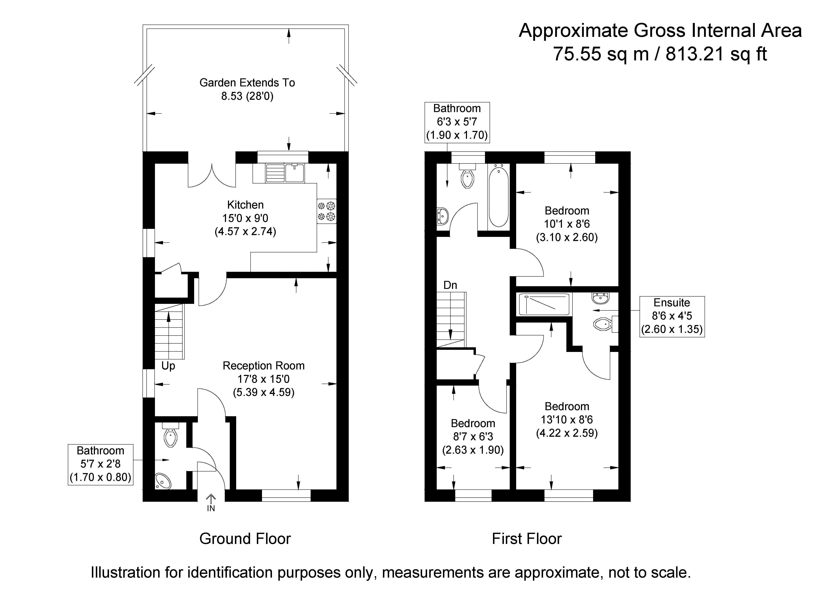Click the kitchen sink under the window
(x=285, y=173)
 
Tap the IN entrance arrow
(x=211, y=503)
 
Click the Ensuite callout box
(x=672, y=316)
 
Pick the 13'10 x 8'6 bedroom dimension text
(x=567, y=419)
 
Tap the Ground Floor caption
(x=245, y=539)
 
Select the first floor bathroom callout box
(x=457, y=122)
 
